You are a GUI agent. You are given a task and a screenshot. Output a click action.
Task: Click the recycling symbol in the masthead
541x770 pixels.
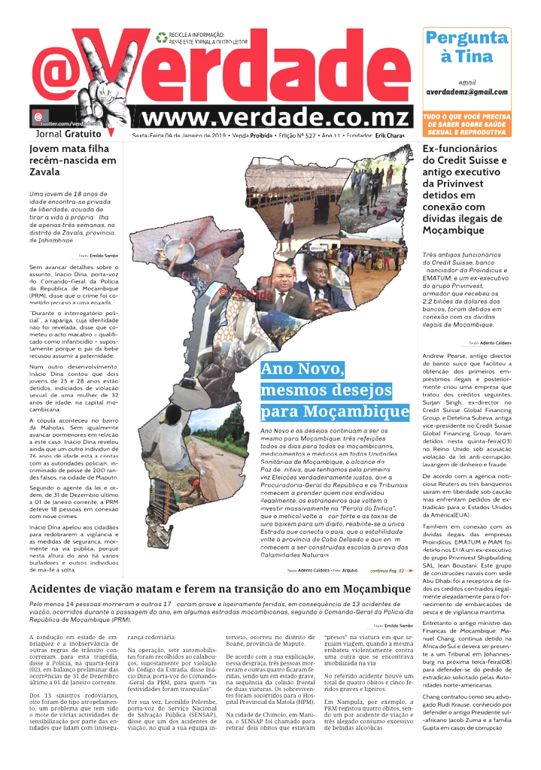161,37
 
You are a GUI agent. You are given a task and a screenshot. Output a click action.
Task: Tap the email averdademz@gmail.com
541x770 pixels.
466,92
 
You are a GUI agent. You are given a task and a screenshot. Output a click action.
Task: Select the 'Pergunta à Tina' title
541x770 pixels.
466,47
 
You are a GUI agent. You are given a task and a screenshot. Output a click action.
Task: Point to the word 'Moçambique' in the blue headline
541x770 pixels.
360,412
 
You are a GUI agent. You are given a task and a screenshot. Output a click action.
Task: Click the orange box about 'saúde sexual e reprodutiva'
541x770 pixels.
467,124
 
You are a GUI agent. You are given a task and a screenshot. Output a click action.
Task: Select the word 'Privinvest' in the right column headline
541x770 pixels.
454,183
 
